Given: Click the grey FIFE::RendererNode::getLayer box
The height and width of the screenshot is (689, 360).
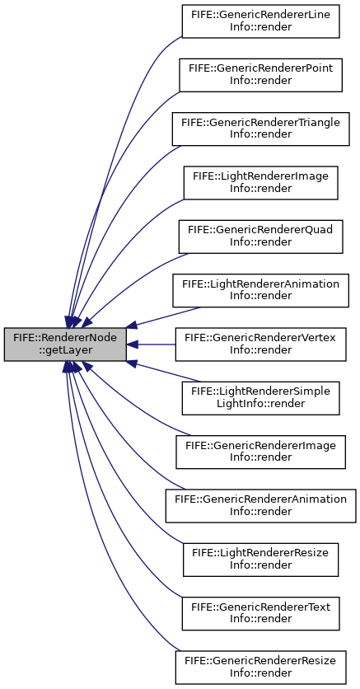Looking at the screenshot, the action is [x=65, y=344].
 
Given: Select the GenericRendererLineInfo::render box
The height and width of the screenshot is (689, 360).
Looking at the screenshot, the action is [x=261, y=21].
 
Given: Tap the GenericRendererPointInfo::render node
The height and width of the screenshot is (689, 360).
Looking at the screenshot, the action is [x=261, y=75].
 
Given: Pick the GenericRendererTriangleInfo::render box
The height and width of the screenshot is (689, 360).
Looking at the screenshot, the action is [x=261, y=129].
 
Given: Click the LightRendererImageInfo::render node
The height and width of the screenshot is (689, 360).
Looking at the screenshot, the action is [x=261, y=183].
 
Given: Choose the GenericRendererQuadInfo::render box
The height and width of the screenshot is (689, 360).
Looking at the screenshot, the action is [x=261, y=237].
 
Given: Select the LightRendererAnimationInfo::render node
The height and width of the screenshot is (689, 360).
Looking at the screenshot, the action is [x=261, y=290].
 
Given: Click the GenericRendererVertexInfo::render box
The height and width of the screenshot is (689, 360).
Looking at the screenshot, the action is [x=261, y=344].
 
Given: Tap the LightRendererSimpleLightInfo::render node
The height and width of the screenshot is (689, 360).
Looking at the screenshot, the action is [x=261, y=398].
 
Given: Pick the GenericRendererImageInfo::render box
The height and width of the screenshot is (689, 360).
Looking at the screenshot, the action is [x=261, y=452].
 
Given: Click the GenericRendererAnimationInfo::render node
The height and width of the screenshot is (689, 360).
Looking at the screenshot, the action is [x=261, y=506].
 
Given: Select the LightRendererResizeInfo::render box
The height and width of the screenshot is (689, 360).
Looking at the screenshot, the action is [x=261, y=560].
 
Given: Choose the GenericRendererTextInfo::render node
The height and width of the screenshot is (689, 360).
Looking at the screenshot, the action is [x=261, y=613].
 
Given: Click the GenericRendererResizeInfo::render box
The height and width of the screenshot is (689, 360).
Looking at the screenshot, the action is [x=261, y=668].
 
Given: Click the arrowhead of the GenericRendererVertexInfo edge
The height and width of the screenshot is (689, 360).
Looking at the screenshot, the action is [x=132, y=344].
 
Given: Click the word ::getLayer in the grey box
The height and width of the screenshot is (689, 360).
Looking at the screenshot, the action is [x=65, y=351].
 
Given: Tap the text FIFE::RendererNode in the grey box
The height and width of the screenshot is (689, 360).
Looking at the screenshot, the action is [x=65, y=339].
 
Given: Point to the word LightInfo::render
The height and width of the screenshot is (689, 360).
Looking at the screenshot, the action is [x=261, y=403].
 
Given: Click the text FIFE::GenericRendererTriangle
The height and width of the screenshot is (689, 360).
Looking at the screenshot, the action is [x=261, y=123].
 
